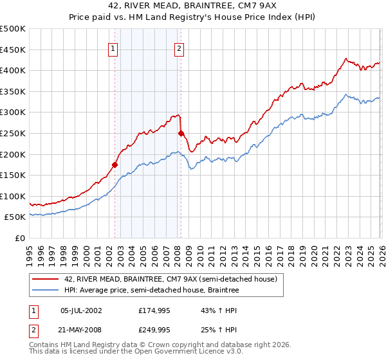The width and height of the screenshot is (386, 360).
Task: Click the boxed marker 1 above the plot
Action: point(113,48)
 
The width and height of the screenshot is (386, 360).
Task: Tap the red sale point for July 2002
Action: point(115,165)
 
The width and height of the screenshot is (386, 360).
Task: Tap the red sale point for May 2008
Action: point(181,133)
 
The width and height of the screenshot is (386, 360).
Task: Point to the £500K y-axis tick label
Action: point(13,29)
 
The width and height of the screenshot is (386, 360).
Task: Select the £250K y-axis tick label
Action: point(13,133)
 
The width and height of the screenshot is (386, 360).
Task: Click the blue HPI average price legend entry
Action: point(151,291)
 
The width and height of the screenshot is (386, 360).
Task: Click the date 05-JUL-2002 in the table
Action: point(81,310)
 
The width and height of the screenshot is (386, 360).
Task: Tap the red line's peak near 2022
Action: point(345,59)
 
